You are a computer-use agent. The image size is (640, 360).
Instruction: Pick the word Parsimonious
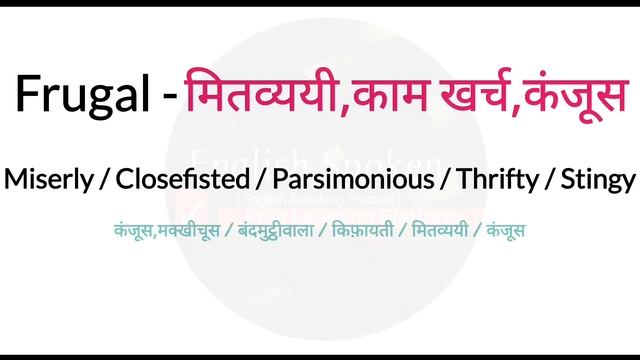pos(356,180)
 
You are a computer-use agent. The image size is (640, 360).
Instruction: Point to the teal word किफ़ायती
pos(368,230)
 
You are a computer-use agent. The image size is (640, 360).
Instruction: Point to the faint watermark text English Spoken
pos(316,159)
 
